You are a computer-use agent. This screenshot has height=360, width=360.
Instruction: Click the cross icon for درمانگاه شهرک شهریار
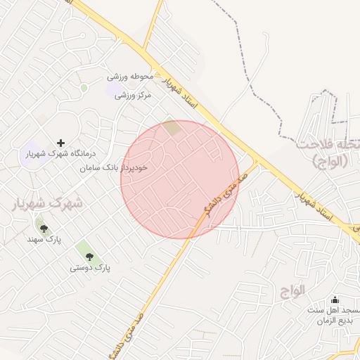coord(60,143)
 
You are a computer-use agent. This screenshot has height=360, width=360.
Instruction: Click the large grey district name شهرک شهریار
coord(46,202)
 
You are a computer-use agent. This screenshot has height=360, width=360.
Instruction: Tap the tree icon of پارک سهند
coord(44,228)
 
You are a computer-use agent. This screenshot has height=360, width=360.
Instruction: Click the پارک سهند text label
coord(44,240)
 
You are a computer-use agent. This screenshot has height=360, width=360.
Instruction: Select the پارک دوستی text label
coord(91,268)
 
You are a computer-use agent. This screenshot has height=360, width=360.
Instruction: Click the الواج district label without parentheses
coord(293,289)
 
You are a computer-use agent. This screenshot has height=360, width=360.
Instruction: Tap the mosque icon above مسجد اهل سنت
coord(334,299)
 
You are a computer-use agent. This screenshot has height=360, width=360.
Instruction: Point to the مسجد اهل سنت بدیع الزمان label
coord(333,315)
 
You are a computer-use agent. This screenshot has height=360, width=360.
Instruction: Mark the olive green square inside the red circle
coord(172,128)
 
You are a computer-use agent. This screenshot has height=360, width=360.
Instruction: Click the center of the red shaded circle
coord(180,179)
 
